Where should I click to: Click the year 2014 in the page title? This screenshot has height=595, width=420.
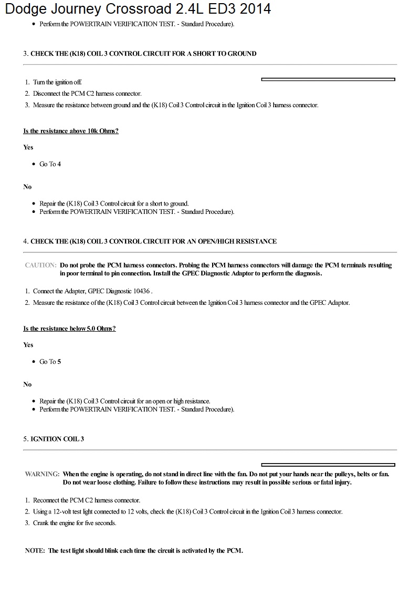tap(254, 9)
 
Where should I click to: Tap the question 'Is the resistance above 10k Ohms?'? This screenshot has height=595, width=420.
tap(71, 131)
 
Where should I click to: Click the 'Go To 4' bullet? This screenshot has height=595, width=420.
tap(50, 164)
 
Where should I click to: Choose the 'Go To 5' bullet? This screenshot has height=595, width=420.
tap(50, 362)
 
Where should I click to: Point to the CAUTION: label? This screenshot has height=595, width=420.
tap(40, 265)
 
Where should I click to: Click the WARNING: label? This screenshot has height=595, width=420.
tap(42, 474)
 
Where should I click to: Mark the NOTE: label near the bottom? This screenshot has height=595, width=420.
tap(36, 551)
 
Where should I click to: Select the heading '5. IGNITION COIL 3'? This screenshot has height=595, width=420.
tap(54, 439)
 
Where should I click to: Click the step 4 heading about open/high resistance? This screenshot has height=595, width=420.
tap(150, 241)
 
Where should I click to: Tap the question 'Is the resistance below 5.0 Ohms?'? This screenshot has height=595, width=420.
tap(69, 329)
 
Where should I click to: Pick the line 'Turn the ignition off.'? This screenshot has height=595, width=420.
tap(57, 82)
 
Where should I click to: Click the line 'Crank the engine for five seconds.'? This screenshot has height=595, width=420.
tap(74, 523)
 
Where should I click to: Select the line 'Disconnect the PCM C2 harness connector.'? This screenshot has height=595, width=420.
tap(87, 94)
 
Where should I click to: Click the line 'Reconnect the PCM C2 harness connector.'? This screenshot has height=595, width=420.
tap(86, 500)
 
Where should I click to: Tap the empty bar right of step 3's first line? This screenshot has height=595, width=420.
tap(328, 79)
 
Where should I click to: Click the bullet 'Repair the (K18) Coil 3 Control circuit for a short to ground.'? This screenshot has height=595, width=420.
tap(114, 203)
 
